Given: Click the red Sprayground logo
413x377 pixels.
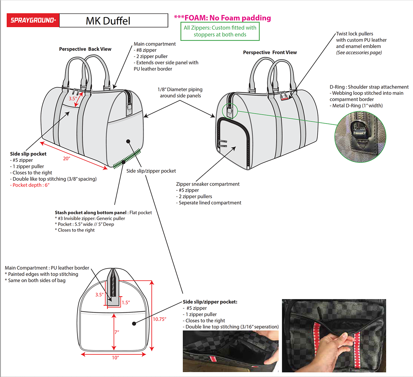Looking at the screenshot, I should pos(33,20).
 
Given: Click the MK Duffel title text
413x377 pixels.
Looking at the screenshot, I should pos(108,21).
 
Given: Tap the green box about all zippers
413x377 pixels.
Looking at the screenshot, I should pos(220,31).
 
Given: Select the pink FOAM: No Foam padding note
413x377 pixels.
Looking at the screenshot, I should pos(222,18).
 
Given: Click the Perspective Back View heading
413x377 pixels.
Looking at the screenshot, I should pos(85,49).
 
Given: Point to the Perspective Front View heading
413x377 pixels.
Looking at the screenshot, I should pos(270,53).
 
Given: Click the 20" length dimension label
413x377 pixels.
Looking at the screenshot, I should pos(66,158).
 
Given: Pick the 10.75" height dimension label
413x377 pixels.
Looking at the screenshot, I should pos(159,319).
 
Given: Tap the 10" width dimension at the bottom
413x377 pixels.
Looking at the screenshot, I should pos(115,358).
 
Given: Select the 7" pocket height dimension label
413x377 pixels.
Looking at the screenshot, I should pos(117,332).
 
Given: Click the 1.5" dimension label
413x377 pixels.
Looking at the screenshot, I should pos(126,302).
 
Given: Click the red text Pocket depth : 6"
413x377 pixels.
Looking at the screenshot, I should pos(30,185).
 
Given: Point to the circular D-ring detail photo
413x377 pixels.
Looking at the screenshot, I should pos(360,136).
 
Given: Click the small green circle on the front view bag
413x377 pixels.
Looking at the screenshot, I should pos(230,111).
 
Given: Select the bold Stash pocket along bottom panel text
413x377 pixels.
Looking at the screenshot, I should pos(91,213).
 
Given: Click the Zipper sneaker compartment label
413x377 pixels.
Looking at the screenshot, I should pos(208,184).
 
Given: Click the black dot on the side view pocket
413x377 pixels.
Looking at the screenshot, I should pos(134,323).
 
